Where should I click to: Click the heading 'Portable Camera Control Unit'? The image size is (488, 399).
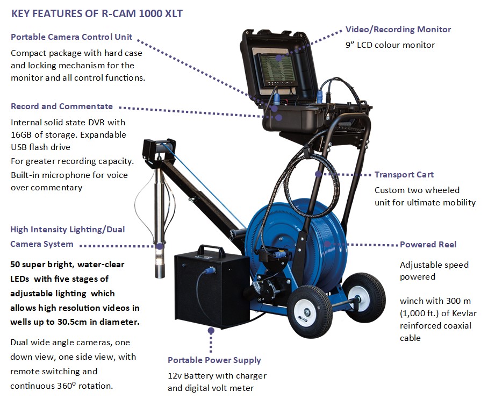pyautogui.click(x=71, y=37)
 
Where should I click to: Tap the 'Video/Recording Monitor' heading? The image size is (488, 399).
pyautogui.click(x=398, y=30)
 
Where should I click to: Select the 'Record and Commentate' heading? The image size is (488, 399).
pyautogui.click(x=62, y=106)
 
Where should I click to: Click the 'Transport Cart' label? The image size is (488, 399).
pyautogui.click(x=404, y=175)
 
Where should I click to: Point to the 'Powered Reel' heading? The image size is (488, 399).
pyautogui.click(x=428, y=244)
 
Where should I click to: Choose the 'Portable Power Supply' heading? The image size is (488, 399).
pyautogui.click(x=214, y=360)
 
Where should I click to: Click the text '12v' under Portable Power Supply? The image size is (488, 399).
pyautogui.click(x=176, y=375)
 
